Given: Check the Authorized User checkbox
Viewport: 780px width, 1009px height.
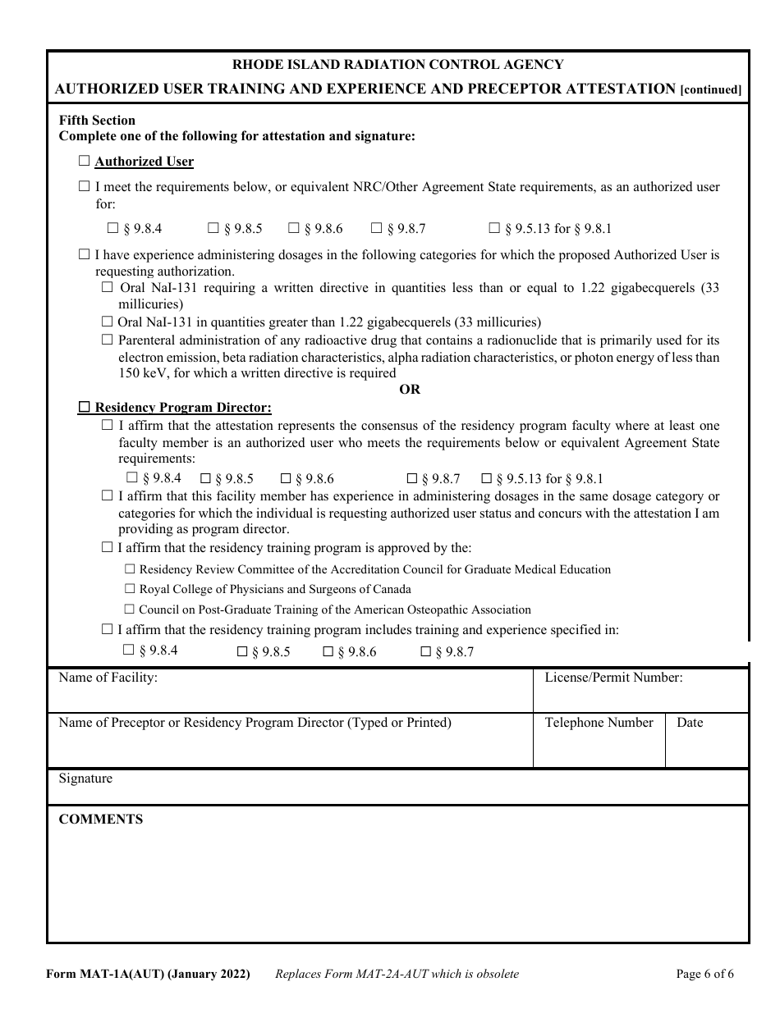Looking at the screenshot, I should point(84,162).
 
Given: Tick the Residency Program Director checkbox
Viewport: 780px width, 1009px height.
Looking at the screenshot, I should point(84,407).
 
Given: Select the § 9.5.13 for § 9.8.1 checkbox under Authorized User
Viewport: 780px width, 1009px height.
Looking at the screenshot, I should point(494,229).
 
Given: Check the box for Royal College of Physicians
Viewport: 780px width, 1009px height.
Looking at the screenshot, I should point(130,589).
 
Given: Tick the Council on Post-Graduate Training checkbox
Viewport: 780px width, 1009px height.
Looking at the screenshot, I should point(130,610).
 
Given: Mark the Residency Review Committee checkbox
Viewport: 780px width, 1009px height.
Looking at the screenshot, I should point(130,568).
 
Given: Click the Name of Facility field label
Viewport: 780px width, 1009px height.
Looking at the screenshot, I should point(108,678).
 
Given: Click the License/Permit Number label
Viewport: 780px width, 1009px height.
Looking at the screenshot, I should point(613,678).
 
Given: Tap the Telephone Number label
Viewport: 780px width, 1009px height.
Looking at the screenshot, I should point(599,723).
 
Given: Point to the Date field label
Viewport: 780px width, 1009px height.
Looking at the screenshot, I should point(690,723).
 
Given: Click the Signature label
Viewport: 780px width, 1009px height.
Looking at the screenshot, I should point(85,778).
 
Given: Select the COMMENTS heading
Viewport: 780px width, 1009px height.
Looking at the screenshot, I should point(100,820).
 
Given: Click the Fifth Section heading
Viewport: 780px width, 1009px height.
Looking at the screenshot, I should point(97,121).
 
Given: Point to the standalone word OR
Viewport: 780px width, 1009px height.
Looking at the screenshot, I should point(410,390).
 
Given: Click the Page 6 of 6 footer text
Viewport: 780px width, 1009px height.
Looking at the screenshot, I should point(704,975).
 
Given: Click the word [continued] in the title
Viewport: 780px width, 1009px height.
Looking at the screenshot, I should point(711,89).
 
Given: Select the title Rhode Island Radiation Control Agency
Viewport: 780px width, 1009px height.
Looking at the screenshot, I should point(397,64).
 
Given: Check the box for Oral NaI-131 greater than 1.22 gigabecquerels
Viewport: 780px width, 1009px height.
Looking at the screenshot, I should point(107,322).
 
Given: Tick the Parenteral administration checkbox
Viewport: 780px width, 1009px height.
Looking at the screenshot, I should point(107,340).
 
